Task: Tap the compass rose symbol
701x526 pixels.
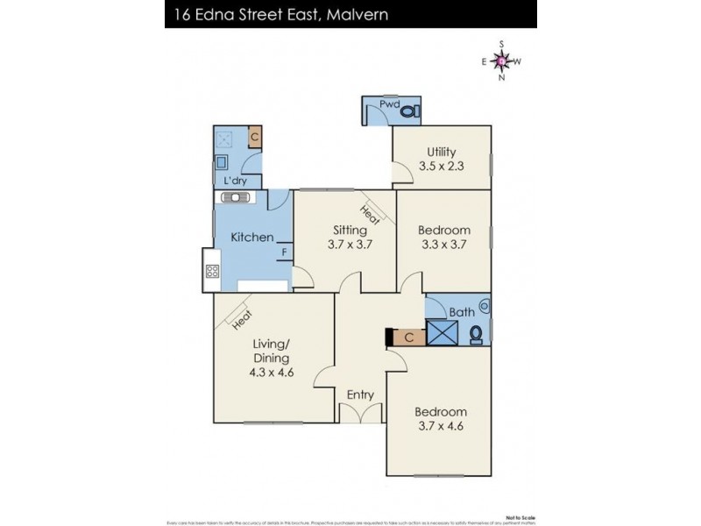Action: coord(500,60)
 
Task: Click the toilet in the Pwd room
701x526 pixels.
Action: coord(413,110)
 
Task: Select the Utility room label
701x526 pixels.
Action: coord(442,151)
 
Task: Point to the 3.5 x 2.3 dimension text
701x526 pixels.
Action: coord(442,165)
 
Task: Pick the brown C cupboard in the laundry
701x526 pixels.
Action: coord(254,137)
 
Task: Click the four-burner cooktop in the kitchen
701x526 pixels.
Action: coord(211,271)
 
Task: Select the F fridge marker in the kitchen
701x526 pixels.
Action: coord(283,254)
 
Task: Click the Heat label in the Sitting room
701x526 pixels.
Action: coord(369,211)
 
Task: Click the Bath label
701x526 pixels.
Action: coord(461,312)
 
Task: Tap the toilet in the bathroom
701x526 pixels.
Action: coord(476,334)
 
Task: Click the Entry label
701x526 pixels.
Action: coord(360,394)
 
